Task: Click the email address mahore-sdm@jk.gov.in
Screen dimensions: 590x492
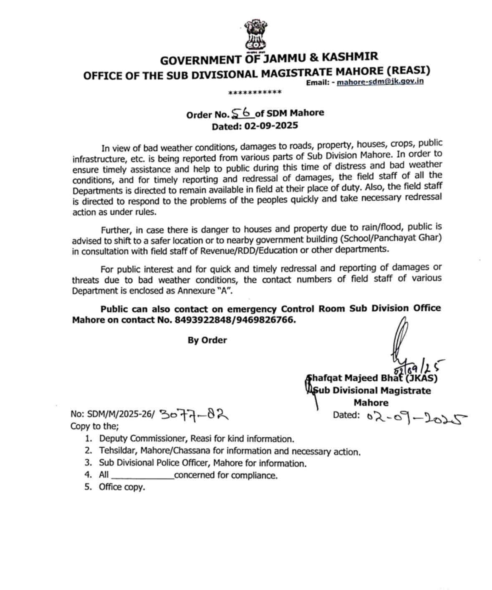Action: point(380,81)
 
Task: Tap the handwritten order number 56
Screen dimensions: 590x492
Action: point(242,112)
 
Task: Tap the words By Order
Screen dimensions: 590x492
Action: point(207,340)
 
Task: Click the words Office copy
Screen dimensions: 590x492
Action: point(122,487)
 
